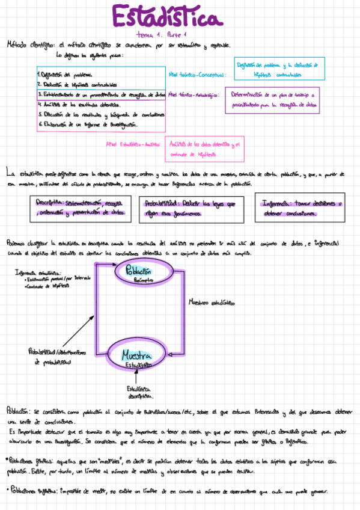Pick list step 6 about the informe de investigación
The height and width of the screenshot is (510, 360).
pos(88,124)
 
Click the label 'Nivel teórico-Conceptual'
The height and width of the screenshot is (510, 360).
pos(198,75)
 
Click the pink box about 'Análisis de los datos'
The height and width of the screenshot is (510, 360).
pos(204,148)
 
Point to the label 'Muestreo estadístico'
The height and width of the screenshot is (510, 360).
pos(212,301)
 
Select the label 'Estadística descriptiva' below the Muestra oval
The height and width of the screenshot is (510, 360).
pos(139,393)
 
